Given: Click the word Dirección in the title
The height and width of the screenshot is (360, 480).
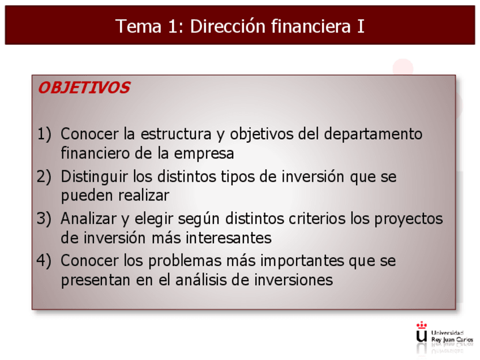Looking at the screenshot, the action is click(228, 26).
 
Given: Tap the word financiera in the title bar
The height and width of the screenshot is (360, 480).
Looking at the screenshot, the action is click(311, 26).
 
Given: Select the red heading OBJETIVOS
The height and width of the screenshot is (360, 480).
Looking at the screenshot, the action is click(84, 88).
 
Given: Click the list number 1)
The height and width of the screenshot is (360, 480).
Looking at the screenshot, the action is click(44, 134).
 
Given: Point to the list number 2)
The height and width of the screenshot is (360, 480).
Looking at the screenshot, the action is click(44, 177).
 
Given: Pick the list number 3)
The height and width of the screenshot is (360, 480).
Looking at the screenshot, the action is click(44, 218).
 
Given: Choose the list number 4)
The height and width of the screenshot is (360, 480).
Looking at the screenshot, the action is click(44, 260).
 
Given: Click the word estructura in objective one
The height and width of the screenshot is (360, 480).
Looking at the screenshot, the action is click(175, 134).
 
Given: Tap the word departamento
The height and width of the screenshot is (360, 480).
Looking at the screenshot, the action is click(373, 135).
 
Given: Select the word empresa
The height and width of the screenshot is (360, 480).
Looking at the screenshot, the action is click(204, 153).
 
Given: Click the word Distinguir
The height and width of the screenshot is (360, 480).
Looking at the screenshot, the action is click(94, 177).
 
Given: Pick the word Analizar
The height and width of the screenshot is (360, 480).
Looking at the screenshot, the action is click(88, 218).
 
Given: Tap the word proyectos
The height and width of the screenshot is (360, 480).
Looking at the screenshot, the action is click(409, 220).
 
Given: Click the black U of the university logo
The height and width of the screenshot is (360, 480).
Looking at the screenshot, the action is click(422, 336).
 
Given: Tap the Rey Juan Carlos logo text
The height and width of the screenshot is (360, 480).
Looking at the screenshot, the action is click(452, 340).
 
